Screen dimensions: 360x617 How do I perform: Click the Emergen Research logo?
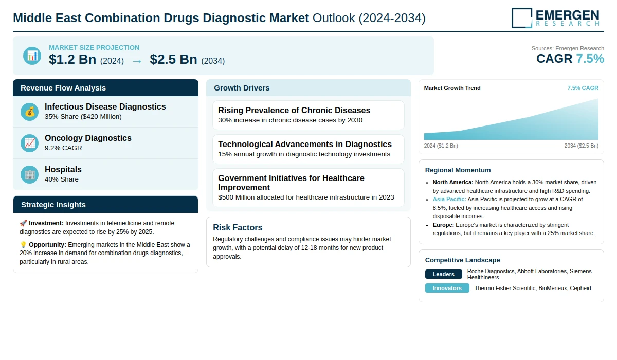click(555, 17)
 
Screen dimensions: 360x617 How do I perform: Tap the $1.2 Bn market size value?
click(72, 60)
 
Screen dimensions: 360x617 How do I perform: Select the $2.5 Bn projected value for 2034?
click(173, 60)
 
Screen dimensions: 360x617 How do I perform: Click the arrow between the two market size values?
click(137, 61)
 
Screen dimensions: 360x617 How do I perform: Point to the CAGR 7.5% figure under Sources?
click(570, 59)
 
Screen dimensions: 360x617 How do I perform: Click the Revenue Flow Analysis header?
click(63, 88)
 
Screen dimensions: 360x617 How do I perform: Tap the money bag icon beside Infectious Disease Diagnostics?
click(30, 112)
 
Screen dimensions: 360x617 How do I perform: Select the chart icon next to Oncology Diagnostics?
click(30, 143)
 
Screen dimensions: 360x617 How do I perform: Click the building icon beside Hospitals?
click(30, 174)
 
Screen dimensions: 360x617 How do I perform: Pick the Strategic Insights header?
click(53, 205)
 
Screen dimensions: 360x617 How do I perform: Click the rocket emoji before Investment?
click(23, 223)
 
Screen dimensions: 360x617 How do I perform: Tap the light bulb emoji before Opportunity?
click(23, 245)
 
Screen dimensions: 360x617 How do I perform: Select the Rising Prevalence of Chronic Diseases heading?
click(294, 110)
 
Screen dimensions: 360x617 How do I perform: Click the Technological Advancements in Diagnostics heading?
click(305, 144)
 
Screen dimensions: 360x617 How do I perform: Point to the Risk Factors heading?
click(238, 227)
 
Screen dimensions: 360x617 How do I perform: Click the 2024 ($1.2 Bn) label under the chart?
click(441, 146)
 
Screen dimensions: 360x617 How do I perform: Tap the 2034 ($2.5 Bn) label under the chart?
click(581, 146)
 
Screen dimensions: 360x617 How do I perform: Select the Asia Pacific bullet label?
click(449, 199)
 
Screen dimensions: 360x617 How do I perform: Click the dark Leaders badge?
click(443, 274)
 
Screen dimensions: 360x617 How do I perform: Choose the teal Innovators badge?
click(447, 288)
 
